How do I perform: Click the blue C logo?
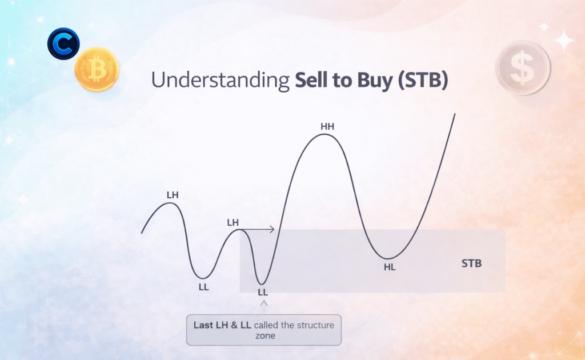click(63, 43)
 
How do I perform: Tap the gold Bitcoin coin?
click(97, 69)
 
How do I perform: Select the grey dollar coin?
click(523, 67)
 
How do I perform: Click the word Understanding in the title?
click(220, 80)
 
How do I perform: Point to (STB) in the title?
click(423, 80)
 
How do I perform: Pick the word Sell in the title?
click(310, 79)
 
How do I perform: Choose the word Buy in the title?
click(375, 81)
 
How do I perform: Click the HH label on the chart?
click(327, 127)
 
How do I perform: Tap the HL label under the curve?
click(390, 267)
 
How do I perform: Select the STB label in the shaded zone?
click(471, 263)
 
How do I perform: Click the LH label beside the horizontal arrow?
click(233, 223)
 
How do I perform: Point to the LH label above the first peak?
click(173, 195)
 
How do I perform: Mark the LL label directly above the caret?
click(263, 292)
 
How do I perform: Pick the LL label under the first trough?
click(204, 287)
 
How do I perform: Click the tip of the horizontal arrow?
click(275, 229)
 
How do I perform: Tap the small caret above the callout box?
click(264, 303)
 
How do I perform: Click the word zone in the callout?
click(265, 336)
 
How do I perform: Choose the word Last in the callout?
click(203, 325)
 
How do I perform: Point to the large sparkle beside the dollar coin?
click(564, 41)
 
